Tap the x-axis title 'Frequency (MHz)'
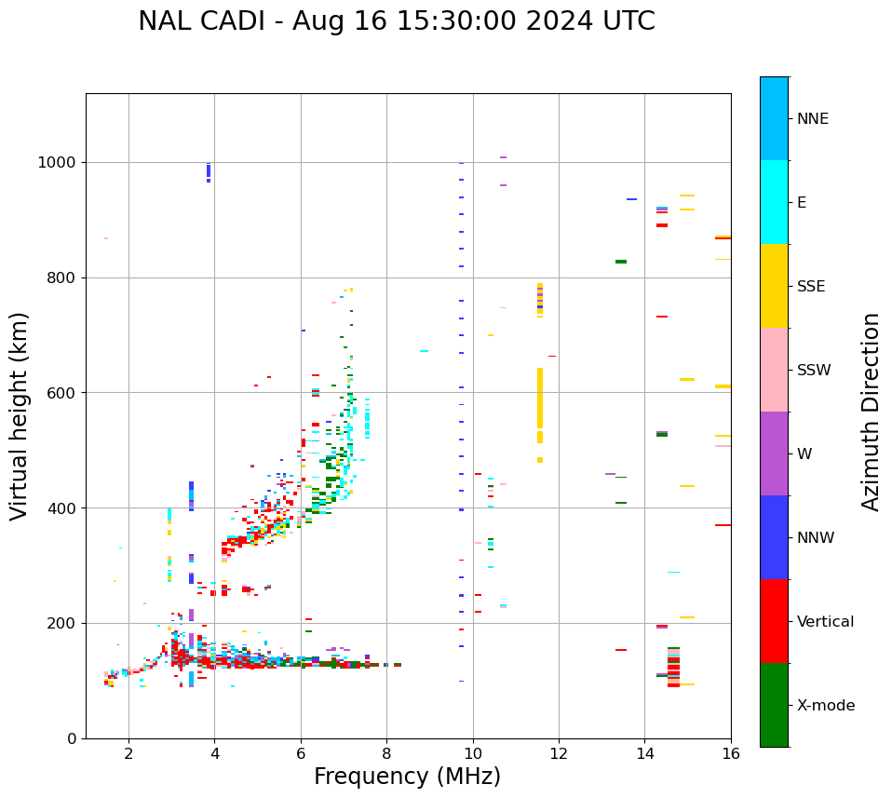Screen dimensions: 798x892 tap(407, 777)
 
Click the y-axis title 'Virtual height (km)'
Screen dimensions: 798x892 tap(20, 415)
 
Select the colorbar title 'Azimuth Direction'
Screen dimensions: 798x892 tap(871, 411)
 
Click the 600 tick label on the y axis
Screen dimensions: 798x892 tap(63, 393)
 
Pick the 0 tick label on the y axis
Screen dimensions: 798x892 tap(73, 738)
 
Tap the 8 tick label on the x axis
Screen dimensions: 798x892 tap(386, 752)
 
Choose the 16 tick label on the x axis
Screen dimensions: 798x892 tap(731, 752)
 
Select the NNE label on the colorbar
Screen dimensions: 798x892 tap(812, 119)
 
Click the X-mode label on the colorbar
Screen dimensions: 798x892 tap(825, 705)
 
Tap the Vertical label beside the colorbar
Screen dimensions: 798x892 tap(825, 621)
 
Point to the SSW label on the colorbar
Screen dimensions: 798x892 tap(814, 370)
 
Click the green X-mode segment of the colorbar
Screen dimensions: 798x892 tap(774, 705)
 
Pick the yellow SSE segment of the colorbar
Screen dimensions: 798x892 tap(774, 286)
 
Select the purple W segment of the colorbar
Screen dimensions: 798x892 tap(774, 453)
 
